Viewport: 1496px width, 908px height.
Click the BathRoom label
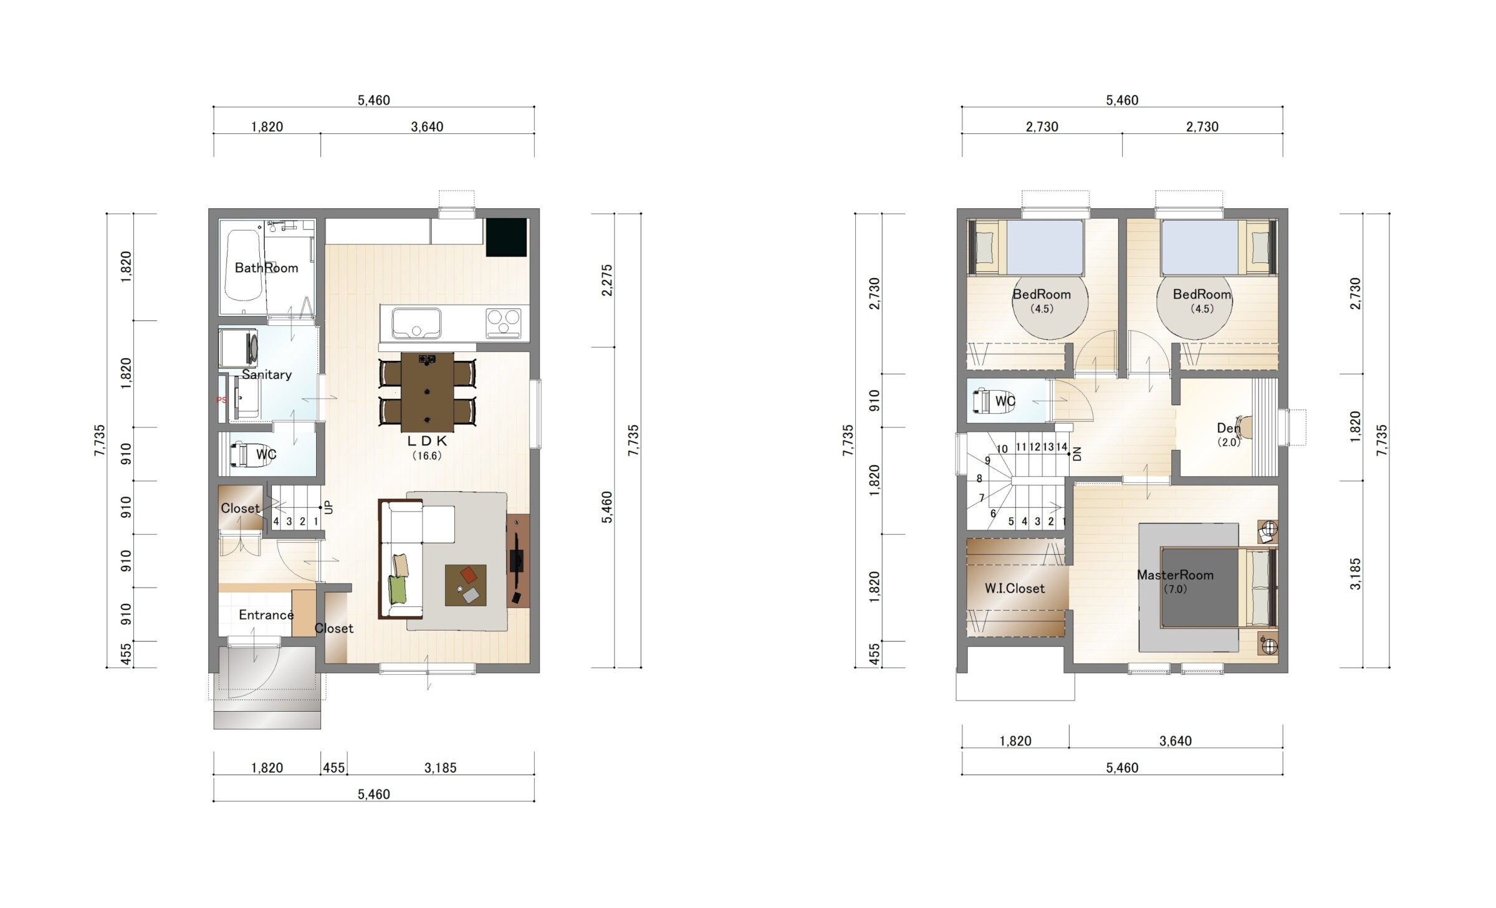click(266, 268)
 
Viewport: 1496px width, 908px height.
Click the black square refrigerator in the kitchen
click(507, 237)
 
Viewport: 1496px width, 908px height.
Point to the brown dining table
click(427, 392)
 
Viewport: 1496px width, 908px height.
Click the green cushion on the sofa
click(397, 590)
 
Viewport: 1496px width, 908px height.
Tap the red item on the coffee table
click(469, 574)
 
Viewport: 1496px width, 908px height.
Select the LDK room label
click(427, 441)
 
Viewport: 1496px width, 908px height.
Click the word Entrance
click(266, 615)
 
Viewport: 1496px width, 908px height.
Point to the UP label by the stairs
click(329, 507)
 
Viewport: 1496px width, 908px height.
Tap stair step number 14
click(1062, 447)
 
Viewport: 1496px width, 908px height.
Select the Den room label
click(1229, 429)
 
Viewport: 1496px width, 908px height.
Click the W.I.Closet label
click(1015, 588)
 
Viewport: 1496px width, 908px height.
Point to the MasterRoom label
click(1175, 575)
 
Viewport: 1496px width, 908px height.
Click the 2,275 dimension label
click(607, 280)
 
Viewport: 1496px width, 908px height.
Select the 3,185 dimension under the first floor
click(441, 768)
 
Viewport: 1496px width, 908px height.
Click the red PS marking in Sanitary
click(221, 400)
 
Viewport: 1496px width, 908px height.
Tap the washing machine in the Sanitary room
click(239, 348)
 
